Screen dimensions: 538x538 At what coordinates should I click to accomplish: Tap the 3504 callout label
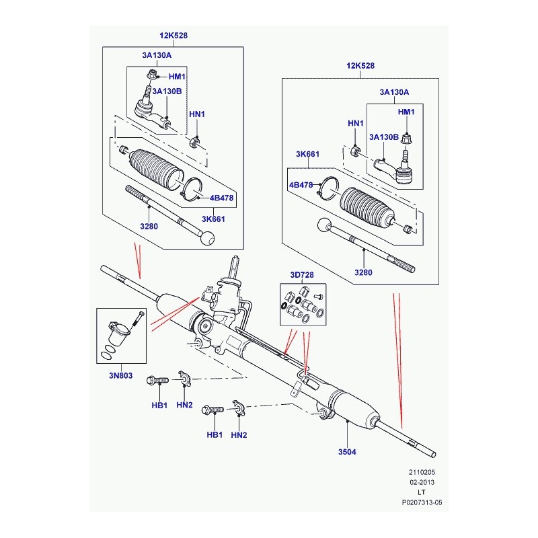click(347, 452)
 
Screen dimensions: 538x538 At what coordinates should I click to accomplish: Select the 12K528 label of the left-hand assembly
click(174, 36)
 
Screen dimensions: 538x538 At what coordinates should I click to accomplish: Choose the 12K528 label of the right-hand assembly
click(361, 66)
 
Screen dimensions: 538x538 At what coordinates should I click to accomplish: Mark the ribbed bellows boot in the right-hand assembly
click(367, 209)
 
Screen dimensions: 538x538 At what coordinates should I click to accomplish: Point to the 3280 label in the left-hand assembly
click(149, 227)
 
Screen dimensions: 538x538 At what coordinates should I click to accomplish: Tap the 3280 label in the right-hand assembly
click(363, 272)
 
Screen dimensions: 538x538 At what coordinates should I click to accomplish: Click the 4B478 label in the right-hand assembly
click(301, 185)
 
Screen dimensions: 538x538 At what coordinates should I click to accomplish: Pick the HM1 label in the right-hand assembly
click(407, 111)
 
